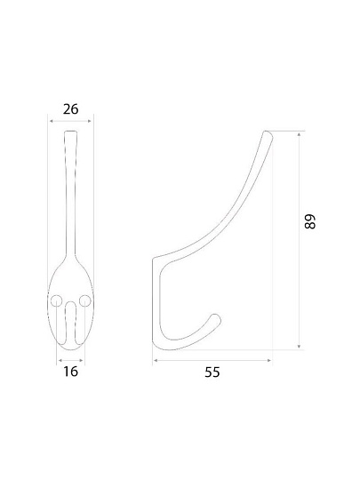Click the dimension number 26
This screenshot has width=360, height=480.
(x=71, y=109)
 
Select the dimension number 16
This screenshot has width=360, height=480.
(x=71, y=372)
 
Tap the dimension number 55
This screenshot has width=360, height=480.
(x=212, y=372)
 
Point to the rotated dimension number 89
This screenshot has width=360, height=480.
(x=310, y=221)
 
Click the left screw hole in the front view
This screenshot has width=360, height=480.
(x=56, y=300)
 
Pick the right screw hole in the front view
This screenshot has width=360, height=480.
(x=84, y=300)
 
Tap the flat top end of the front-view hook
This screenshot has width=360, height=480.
(x=71, y=132)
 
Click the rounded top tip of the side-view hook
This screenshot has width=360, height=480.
(x=268, y=134)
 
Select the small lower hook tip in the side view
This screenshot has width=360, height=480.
(x=216, y=318)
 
